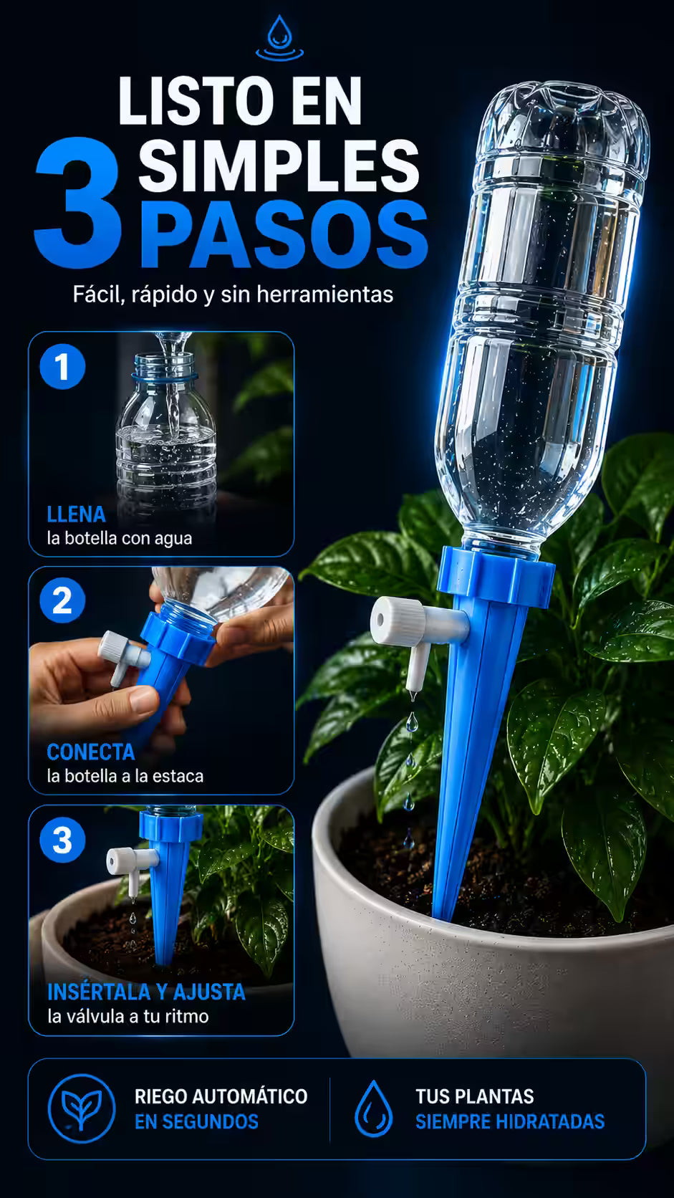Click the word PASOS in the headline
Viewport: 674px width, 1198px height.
[284, 235]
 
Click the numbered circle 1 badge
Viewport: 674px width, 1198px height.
[62, 367]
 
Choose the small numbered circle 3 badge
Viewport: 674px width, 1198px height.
[62, 840]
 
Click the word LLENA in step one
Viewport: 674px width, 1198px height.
[77, 514]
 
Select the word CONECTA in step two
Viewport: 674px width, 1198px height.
[91, 752]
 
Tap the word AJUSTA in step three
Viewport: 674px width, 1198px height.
[209, 992]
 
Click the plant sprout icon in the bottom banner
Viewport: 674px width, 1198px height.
[81, 1108]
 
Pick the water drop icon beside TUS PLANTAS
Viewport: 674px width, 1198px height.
[374, 1108]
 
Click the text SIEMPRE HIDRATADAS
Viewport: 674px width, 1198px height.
[511, 1121]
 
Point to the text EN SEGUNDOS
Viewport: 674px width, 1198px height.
[197, 1121]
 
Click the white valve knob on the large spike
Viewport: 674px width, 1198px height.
[397, 620]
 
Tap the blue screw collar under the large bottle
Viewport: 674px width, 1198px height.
[496, 577]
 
